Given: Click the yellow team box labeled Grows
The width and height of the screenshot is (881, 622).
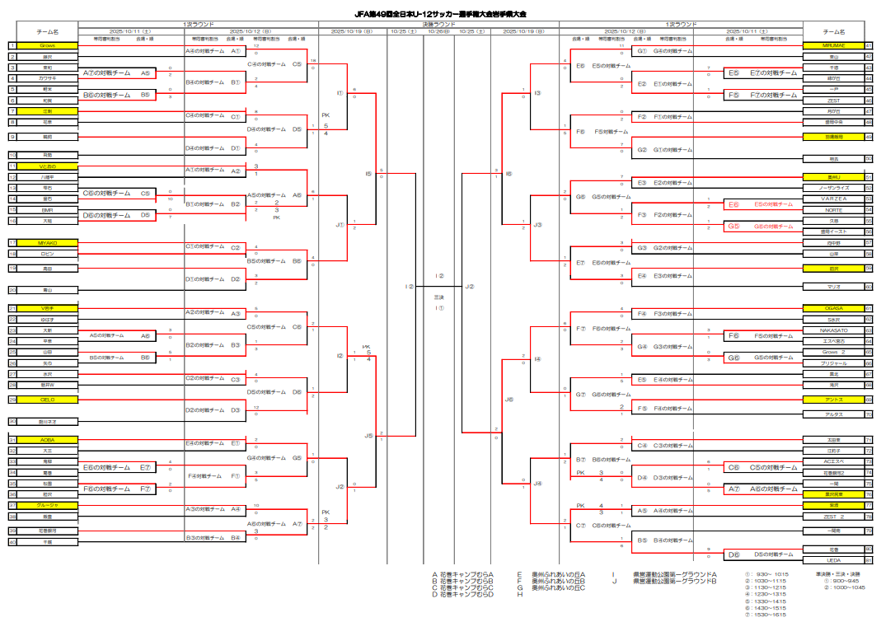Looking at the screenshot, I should tap(48, 45).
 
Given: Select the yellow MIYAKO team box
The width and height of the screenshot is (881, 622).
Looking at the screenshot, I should tap(48, 242).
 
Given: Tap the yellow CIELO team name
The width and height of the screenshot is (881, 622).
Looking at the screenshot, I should tap(48, 400).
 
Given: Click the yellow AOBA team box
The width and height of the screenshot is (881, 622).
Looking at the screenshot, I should tap(48, 440).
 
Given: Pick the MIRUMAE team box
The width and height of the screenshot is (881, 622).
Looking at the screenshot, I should tap(833, 45).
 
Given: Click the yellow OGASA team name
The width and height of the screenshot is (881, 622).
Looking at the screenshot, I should tap(833, 308).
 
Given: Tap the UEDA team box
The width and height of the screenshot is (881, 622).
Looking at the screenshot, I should tap(833, 560).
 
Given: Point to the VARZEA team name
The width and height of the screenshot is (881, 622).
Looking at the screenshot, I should tap(833, 199).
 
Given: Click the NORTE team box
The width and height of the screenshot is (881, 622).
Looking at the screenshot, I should tap(833, 210).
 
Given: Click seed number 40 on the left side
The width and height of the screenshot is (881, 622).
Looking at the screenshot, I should tap(12, 542).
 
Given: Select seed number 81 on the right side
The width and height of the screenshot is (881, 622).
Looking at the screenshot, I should tap(869, 560).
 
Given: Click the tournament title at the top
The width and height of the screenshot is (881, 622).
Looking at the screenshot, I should tap(440, 15).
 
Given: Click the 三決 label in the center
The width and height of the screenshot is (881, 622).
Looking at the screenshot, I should tap(439, 297).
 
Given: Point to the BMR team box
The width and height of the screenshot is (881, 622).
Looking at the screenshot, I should tap(48, 210).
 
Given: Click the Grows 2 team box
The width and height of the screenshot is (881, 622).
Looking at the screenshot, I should tap(833, 352).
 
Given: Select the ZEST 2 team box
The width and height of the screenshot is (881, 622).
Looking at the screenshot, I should tap(833, 517).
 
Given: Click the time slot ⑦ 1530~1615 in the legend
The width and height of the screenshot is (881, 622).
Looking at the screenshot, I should tap(766, 615).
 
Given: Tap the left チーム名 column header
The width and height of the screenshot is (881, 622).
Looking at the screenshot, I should tap(48, 31).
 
